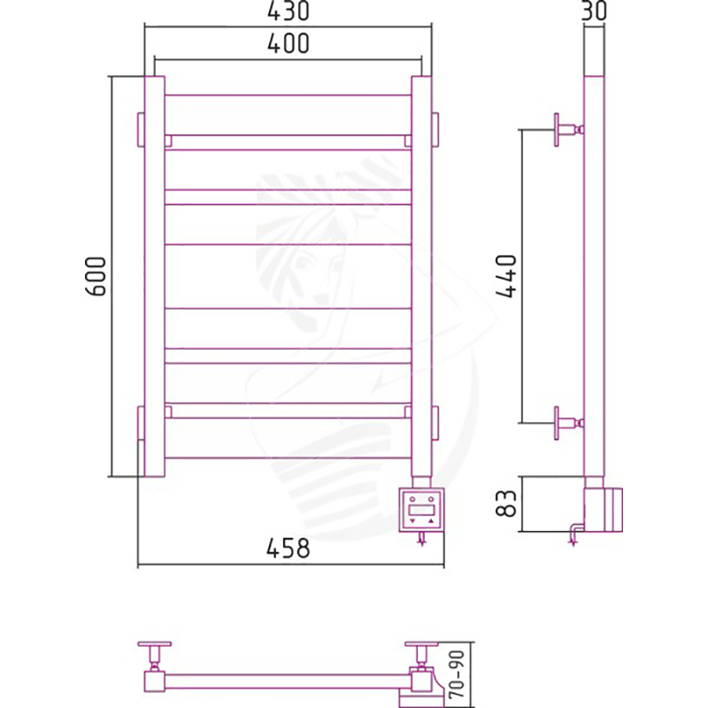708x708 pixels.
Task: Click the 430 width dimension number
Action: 289,11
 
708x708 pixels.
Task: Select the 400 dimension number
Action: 289,43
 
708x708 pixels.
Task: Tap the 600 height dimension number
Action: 96,276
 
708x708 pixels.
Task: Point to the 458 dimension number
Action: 289,548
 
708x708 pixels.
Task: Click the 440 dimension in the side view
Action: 505,276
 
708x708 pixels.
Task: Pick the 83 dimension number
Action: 505,504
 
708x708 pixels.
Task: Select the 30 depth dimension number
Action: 594,11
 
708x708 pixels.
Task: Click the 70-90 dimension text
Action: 457,674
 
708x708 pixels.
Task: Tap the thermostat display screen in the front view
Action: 421,511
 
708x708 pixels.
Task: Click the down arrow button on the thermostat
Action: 412,521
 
